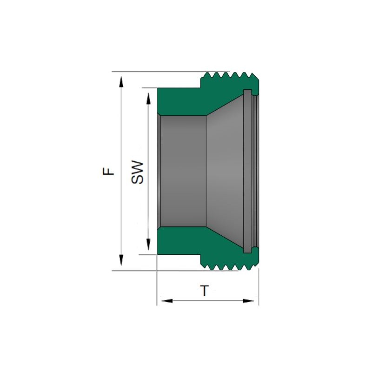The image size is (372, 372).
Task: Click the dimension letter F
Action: tap(108, 171)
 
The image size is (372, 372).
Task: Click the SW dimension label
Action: tap(137, 173)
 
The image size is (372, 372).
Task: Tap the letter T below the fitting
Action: tap(205, 291)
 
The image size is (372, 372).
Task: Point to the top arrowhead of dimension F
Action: tap(121, 82)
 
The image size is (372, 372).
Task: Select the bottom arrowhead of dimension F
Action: tap(121, 260)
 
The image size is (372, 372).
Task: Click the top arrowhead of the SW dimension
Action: tap(148, 98)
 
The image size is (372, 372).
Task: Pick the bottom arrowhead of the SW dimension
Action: tap(148, 245)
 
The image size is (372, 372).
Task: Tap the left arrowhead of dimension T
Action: tap(167, 301)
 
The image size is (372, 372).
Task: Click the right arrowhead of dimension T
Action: tap(248, 301)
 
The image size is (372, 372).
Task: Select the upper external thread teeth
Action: tap(230, 75)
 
